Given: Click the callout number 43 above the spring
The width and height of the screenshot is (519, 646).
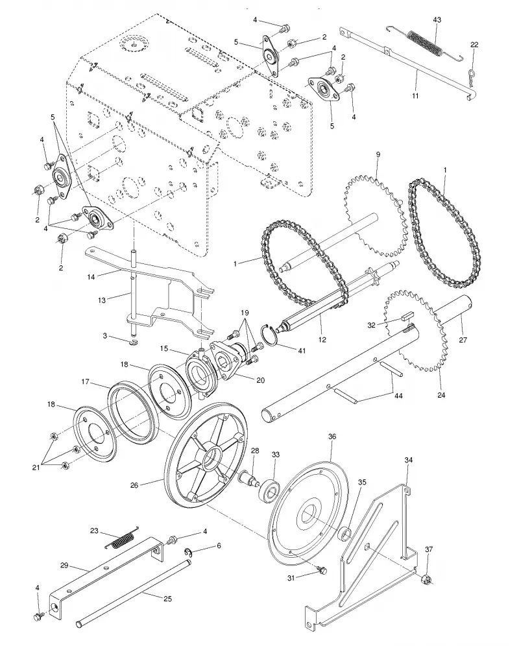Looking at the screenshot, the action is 437,19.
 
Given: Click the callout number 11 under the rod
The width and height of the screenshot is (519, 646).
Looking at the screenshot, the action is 415,95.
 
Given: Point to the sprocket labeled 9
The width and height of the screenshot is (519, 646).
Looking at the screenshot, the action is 373,214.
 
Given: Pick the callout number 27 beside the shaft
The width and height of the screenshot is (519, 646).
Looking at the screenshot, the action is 463,340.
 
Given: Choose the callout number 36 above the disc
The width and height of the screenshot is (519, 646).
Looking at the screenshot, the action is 332,437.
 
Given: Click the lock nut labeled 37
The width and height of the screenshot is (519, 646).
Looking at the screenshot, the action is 426,580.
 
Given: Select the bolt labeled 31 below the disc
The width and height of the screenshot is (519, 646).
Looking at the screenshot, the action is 321,569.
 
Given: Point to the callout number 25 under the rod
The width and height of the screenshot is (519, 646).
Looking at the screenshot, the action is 167,599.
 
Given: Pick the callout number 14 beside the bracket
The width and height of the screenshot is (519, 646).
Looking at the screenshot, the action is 91,277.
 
